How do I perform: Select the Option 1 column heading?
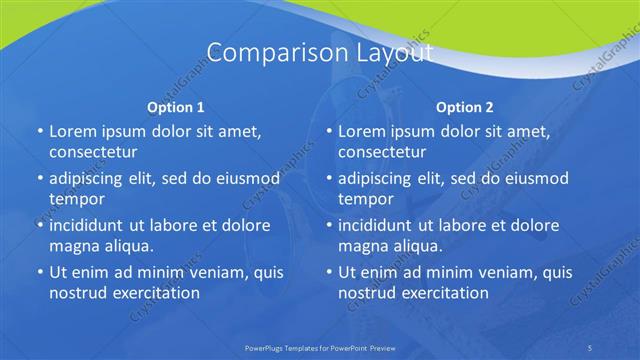176,107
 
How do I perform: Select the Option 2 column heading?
465,107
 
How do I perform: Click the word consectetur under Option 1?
93,152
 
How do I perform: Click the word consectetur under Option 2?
382,152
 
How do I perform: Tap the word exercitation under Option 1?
155,293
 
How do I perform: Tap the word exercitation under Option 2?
444,293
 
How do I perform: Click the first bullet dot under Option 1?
39,132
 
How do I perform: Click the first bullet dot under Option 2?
328,132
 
